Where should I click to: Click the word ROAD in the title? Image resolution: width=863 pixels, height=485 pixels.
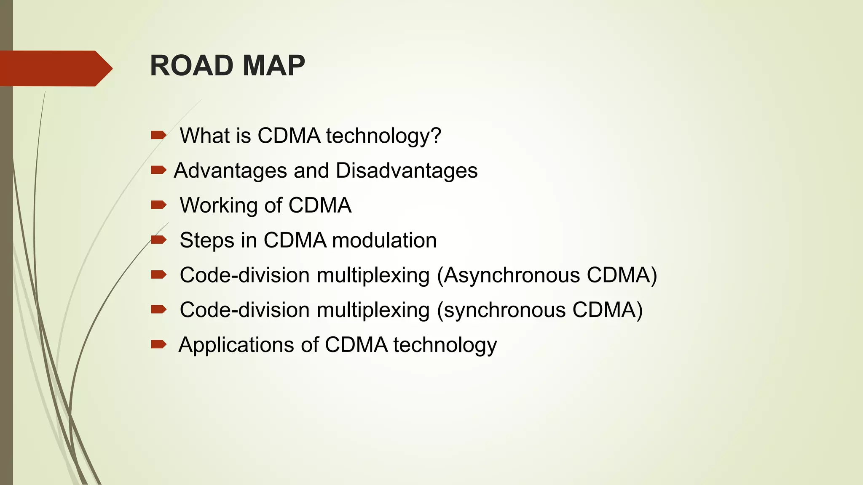click(191, 66)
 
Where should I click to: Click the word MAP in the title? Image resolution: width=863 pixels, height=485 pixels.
click(273, 66)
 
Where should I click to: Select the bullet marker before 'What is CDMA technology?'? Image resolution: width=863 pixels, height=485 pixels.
click(158, 135)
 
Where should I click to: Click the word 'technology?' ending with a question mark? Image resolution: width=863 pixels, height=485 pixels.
click(383, 136)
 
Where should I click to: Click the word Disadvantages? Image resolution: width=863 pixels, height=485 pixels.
click(407, 171)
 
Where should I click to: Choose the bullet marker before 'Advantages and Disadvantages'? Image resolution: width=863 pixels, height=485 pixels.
click(158, 170)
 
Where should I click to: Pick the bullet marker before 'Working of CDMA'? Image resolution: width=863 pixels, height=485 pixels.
click(158, 205)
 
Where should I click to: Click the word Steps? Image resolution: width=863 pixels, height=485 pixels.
click(207, 240)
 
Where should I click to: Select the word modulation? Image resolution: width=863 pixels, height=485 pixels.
click(384, 240)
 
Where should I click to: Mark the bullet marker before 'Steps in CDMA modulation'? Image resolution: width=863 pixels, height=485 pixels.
click(158, 240)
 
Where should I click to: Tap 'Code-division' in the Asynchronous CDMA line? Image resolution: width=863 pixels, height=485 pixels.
click(245, 275)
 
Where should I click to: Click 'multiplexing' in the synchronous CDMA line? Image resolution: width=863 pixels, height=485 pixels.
click(373, 310)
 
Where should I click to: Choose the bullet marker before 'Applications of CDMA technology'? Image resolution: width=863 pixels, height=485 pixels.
click(158, 345)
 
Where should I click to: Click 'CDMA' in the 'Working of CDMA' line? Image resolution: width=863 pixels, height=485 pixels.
click(320, 205)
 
